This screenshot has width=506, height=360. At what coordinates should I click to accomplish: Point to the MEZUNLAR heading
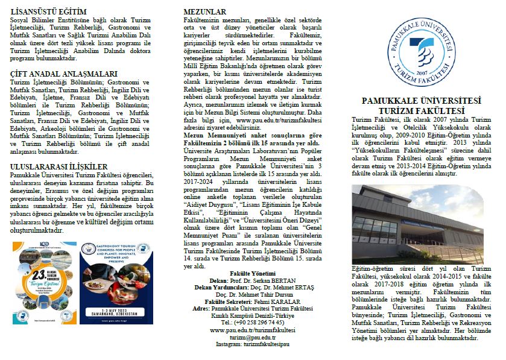point(204,11)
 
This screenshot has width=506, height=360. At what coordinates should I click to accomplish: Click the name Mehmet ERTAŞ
point(285,287)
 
